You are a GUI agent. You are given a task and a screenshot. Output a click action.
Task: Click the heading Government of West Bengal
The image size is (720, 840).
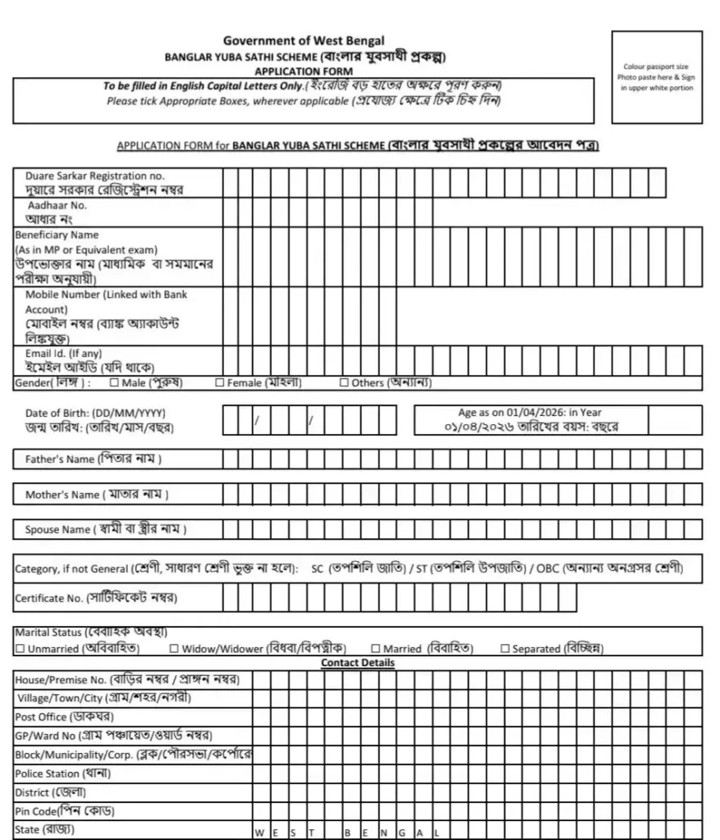point(303,41)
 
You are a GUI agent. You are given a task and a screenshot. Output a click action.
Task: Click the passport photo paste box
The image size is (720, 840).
point(657,77)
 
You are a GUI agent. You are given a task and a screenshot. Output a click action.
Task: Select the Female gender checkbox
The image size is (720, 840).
point(219,383)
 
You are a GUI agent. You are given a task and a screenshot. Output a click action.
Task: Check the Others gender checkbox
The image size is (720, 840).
point(344,383)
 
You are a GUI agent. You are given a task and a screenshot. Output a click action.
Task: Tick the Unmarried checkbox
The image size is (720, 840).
point(20,649)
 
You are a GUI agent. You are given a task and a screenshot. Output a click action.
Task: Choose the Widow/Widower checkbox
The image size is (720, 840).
point(174,649)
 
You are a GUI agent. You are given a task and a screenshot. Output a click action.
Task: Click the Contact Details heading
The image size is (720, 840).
point(357,663)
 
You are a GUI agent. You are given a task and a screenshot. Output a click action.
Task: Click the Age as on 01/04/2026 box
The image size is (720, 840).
point(557,420)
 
